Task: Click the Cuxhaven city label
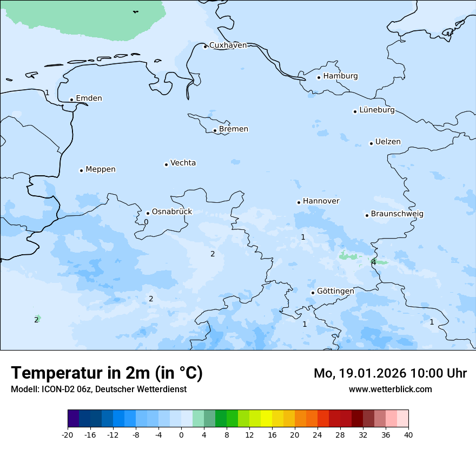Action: click(x=228, y=45)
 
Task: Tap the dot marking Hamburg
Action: click(x=319, y=77)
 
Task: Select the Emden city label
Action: click(x=89, y=98)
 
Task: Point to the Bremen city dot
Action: click(x=215, y=130)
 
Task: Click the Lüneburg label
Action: click(x=376, y=110)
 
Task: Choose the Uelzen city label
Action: click(x=388, y=142)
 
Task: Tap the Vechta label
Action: click(x=183, y=163)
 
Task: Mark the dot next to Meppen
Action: click(x=81, y=170)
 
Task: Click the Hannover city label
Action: click(x=321, y=201)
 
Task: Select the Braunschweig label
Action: click(x=397, y=214)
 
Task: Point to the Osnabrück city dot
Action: click(x=148, y=213)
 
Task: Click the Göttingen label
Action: click(x=335, y=292)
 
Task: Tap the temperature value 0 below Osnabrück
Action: click(x=146, y=222)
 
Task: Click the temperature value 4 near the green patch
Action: click(x=374, y=262)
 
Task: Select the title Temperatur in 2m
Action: click(x=107, y=373)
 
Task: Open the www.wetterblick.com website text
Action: click(x=390, y=389)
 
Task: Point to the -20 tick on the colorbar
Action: click(x=68, y=434)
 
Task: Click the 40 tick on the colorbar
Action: click(x=408, y=434)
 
